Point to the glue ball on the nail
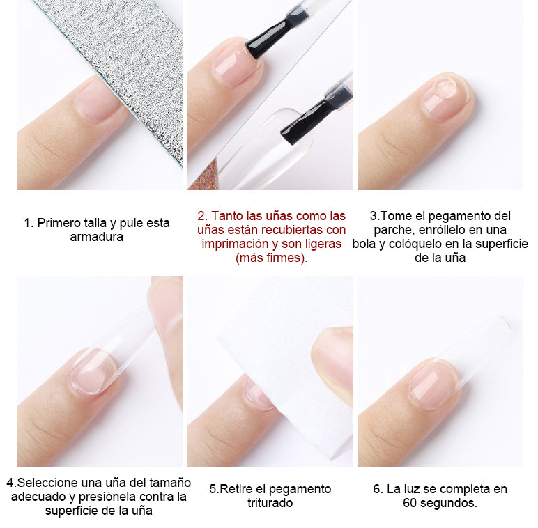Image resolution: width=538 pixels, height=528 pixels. click(x=445, y=88)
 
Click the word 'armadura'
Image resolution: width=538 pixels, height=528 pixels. click(x=96, y=237)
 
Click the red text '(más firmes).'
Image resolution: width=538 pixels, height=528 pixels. click(x=271, y=258)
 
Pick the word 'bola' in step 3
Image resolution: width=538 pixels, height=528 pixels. click(x=364, y=244)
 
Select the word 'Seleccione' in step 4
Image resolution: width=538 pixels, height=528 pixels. click(x=48, y=483)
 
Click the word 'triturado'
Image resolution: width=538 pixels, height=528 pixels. click(x=270, y=503)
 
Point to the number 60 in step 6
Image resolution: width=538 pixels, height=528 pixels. click(x=410, y=503)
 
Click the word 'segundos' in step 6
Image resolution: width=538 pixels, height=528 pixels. click(x=447, y=504)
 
